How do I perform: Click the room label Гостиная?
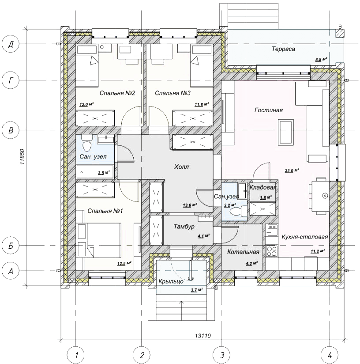click(x=268, y=110)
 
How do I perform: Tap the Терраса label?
click(x=283, y=49)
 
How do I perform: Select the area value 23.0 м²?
click(x=292, y=171)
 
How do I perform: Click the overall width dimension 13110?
click(x=203, y=336)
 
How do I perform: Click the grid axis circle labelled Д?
click(x=11, y=44)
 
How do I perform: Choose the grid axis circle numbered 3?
click(x=221, y=355)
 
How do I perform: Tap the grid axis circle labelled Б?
click(x=11, y=246)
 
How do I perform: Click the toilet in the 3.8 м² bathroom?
click(x=87, y=143)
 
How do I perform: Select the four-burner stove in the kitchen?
click(x=272, y=251)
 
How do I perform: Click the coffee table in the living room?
click(x=286, y=132)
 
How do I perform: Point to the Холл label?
click(x=181, y=167)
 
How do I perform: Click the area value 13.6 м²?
click(x=190, y=205)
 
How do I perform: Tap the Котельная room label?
click(x=243, y=252)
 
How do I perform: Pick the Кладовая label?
click(x=263, y=187)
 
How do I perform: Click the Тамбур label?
click(x=184, y=226)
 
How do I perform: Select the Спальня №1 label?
click(x=105, y=211)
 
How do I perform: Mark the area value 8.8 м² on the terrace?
click(x=321, y=60)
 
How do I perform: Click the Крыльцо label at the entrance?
click(x=171, y=281)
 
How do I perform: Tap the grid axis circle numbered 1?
click(x=75, y=355)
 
